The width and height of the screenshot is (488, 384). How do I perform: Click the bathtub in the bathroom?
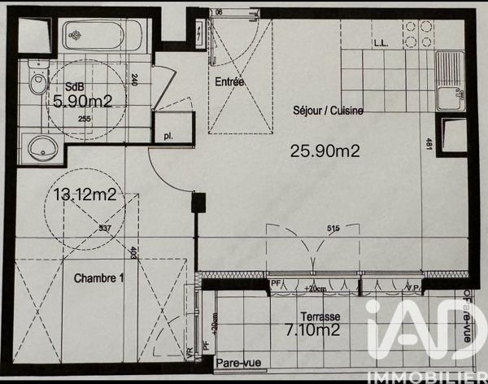[103, 35]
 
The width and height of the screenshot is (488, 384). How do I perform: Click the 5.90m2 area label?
[82, 103]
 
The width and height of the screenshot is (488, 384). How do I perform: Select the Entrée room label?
[230, 82]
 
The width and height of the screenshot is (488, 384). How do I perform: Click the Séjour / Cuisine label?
[328, 111]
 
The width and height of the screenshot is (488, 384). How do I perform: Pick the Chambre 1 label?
[99, 278]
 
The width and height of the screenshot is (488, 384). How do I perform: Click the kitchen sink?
[449, 81]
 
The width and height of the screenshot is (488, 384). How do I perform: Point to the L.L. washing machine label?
[381, 43]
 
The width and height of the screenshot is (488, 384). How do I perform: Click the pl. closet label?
[168, 137]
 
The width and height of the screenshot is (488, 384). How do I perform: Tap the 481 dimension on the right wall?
[429, 145]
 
